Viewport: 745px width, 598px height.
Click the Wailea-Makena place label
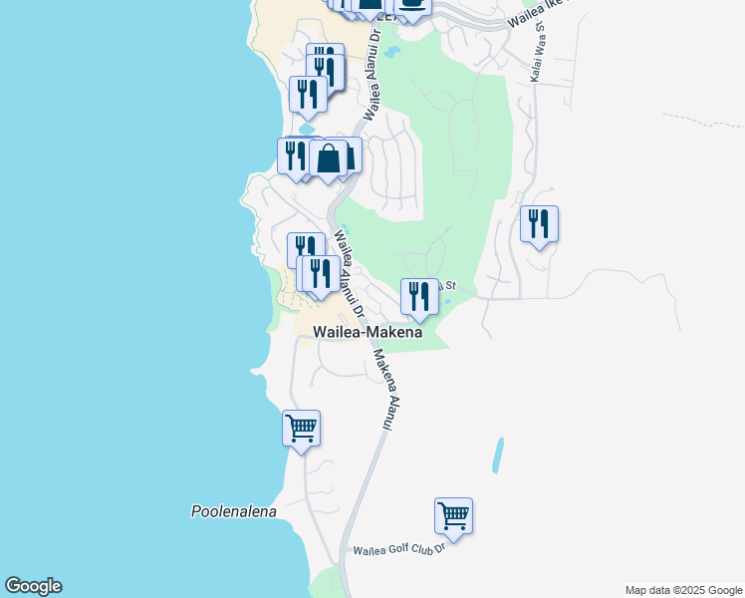pos(368,333)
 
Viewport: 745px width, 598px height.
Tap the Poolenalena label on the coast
pos(234,511)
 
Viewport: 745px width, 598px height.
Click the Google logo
pos(33,586)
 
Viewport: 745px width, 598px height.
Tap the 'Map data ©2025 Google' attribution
pos(683,590)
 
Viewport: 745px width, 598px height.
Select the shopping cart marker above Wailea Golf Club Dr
pos(453,516)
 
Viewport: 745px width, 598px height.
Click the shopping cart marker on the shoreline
pos(301,429)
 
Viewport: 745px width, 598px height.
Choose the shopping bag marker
pos(329,157)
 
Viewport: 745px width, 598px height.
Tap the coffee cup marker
pos(411,5)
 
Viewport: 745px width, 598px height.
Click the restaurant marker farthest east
pos(539,223)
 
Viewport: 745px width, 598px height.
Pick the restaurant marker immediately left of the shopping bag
pos(295,155)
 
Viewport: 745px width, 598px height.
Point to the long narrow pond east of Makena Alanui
pos(498,455)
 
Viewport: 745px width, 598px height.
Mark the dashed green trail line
pos(702,120)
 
